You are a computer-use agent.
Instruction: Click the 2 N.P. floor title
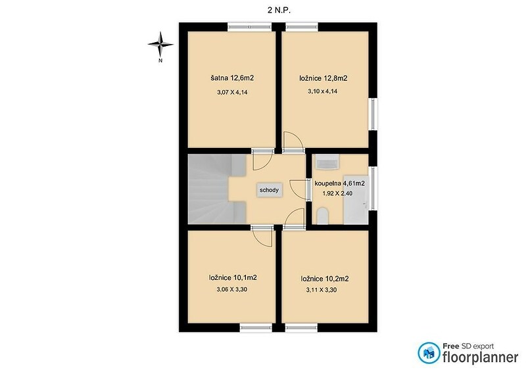pyautogui.click(x=279, y=11)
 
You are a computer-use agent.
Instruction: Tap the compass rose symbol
pyautogui.click(x=160, y=44)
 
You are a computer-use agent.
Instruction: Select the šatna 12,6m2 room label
pyautogui.click(x=232, y=78)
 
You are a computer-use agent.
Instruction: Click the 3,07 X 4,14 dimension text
pyautogui.click(x=233, y=92)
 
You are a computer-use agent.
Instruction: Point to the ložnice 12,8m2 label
pyautogui.click(x=323, y=78)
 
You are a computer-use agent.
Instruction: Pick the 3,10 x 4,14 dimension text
pyautogui.click(x=322, y=91)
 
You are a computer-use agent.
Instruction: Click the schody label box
pyautogui.click(x=269, y=190)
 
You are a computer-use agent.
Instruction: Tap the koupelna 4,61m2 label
pyautogui.click(x=339, y=183)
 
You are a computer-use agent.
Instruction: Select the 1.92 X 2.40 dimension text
pyautogui.click(x=337, y=193)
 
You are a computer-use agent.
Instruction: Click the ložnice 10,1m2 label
pyautogui.click(x=233, y=278)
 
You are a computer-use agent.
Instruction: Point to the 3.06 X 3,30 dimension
pyautogui.click(x=232, y=289)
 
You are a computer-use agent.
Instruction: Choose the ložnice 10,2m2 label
pyautogui.click(x=325, y=279)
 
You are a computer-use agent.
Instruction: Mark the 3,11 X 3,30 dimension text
pyautogui.click(x=322, y=290)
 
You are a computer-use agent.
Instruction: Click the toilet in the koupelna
pyautogui.click(x=322, y=216)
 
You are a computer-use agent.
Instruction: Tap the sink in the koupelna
pyautogui.click(x=327, y=162)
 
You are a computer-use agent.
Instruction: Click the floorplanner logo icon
pyautogui.click(x=429, y=353)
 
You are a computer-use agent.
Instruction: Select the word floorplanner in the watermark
pyautogui.click(x=481, y=357)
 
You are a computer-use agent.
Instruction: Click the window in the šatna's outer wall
pyautogui.click(x=250, y=27)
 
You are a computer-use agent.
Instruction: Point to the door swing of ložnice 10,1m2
pyautogui.click(x=262, y=237)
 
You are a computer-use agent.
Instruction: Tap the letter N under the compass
pyautogui.click(x=160, y=60)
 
